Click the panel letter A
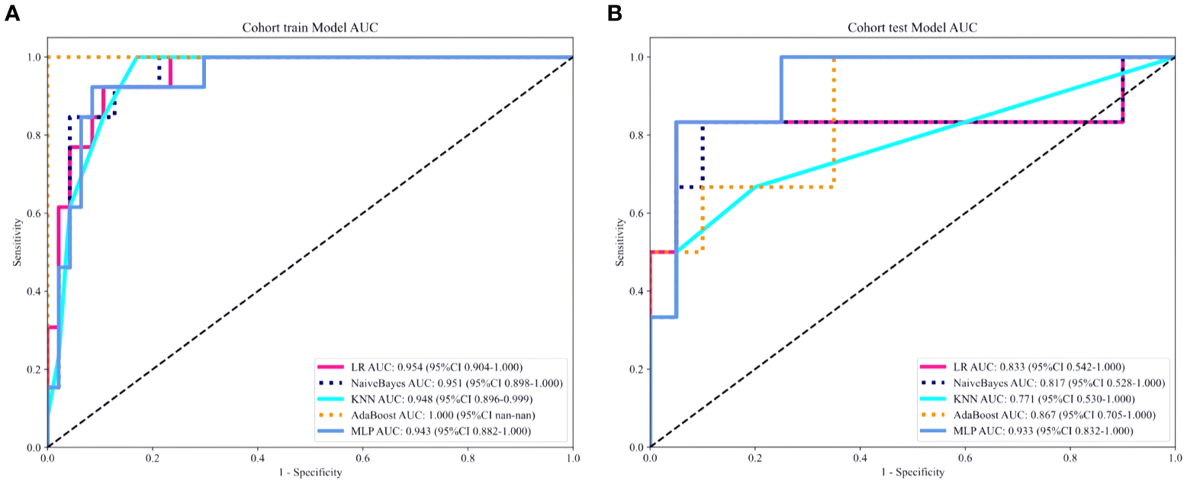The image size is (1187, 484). tap(11, 13)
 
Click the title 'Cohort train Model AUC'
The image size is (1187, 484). tap(310, 28)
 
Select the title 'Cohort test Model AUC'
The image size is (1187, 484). tap(912, 28)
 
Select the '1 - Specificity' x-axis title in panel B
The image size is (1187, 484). tap(912, 473)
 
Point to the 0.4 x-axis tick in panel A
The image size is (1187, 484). tap(258, 458)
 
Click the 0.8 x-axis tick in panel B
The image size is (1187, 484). tap(1070, 458)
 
